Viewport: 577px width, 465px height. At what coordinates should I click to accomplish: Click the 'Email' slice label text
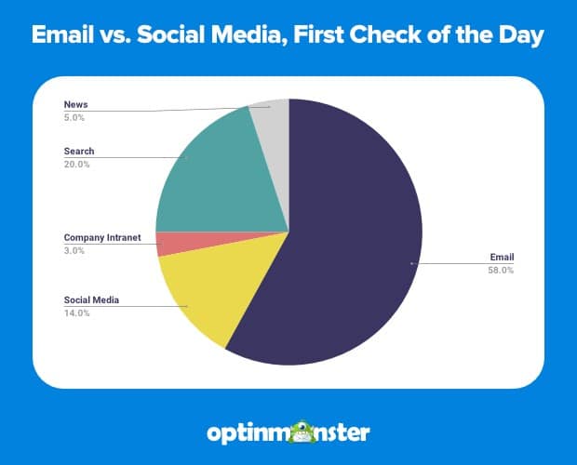coord(501,257)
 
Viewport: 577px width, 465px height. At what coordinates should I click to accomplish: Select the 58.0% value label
coord(501,270)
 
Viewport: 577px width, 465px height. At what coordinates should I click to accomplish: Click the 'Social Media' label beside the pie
coord(92,300)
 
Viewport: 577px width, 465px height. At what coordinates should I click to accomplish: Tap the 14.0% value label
coord(75,313)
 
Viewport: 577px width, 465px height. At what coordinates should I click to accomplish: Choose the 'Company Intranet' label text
coord(102,238)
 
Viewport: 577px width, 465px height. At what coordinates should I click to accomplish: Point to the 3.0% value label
coord(74,251)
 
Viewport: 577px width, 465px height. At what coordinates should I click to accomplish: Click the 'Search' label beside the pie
coord(78,151)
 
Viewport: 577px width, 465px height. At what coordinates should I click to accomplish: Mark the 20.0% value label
coord(75,164)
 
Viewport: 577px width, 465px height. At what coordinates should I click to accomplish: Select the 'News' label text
coord(75,103)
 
